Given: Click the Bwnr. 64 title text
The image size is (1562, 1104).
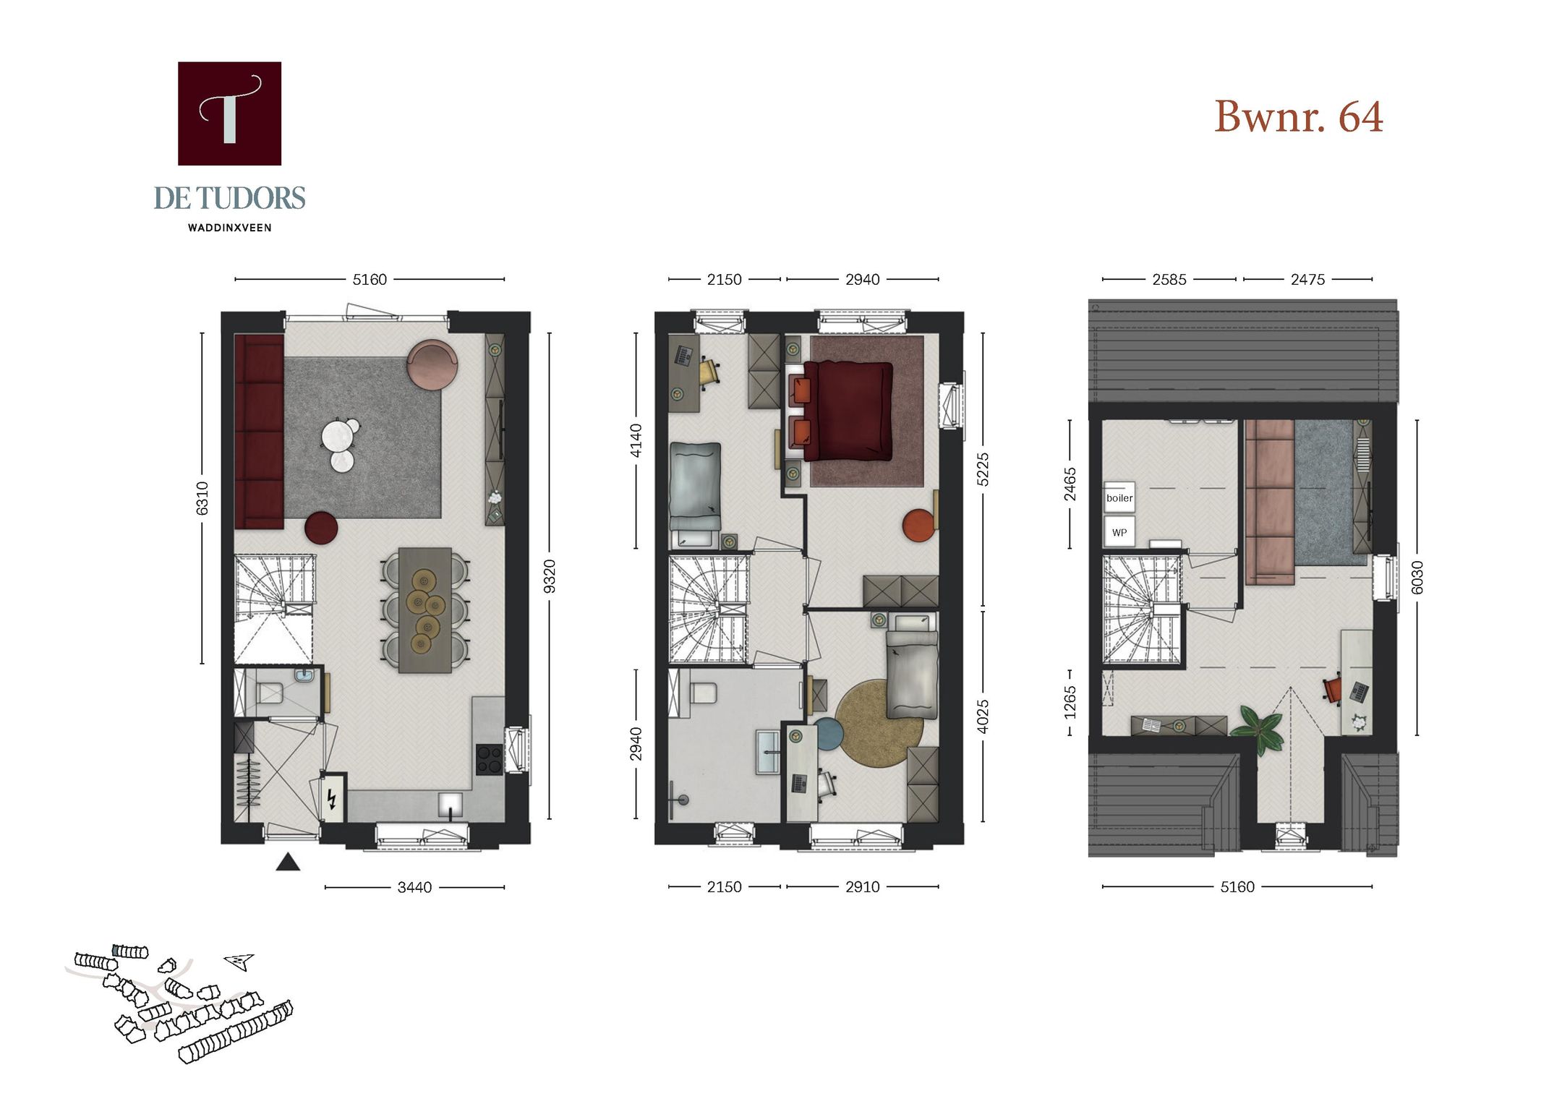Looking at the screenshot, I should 1298,116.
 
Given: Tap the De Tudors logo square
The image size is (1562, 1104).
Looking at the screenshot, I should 229,114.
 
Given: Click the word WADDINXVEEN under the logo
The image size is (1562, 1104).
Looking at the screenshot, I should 229,228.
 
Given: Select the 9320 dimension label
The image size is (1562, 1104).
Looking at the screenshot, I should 550,576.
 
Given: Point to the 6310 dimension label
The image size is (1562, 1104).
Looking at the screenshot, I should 202,498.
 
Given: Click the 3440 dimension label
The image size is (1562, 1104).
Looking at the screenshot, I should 414,887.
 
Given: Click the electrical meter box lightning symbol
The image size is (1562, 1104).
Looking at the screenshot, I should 332,798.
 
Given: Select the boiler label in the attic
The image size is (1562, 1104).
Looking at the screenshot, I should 1119,498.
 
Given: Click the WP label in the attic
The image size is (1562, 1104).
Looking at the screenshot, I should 1119,533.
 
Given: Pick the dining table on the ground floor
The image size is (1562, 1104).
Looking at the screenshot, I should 425,610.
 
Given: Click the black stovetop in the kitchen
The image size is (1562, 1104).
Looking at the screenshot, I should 490,760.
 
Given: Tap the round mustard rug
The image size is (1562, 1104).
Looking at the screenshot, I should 878,723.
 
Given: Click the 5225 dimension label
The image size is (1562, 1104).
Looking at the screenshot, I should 982,469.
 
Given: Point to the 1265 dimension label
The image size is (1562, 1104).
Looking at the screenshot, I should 1070,702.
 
